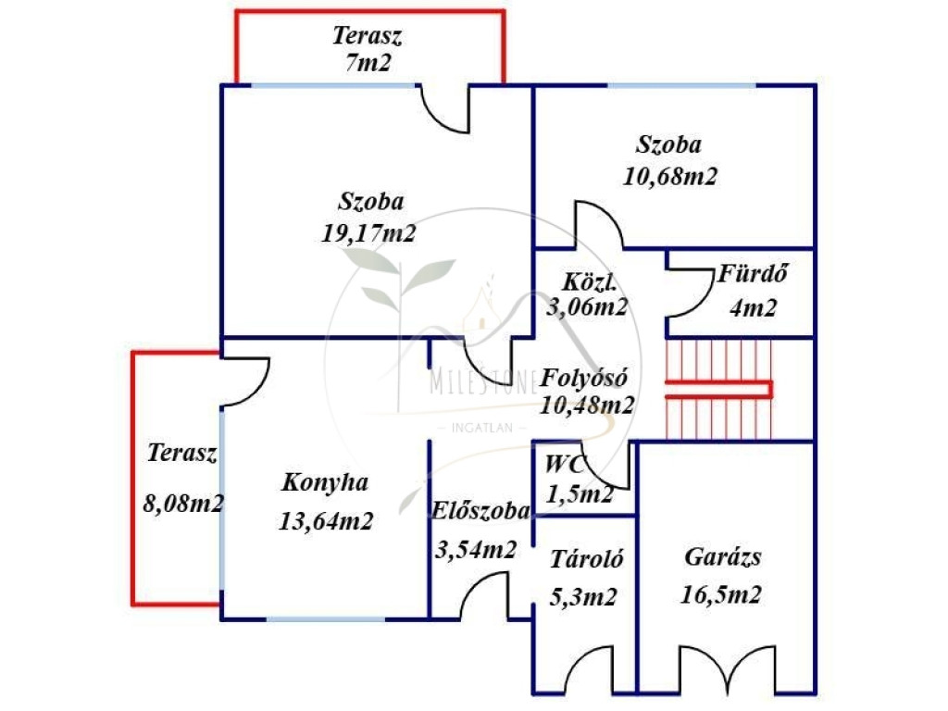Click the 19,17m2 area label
pos(368,233)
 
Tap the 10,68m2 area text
pos(670,176)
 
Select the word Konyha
pos(325,482)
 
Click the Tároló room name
pos(586,559)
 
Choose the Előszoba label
pos(480,511)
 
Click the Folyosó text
pos(585,378)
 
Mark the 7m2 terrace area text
pos(368,63)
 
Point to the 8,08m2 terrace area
pos(183,504)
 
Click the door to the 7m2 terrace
pos(445,109)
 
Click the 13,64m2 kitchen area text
pos(326,520)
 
